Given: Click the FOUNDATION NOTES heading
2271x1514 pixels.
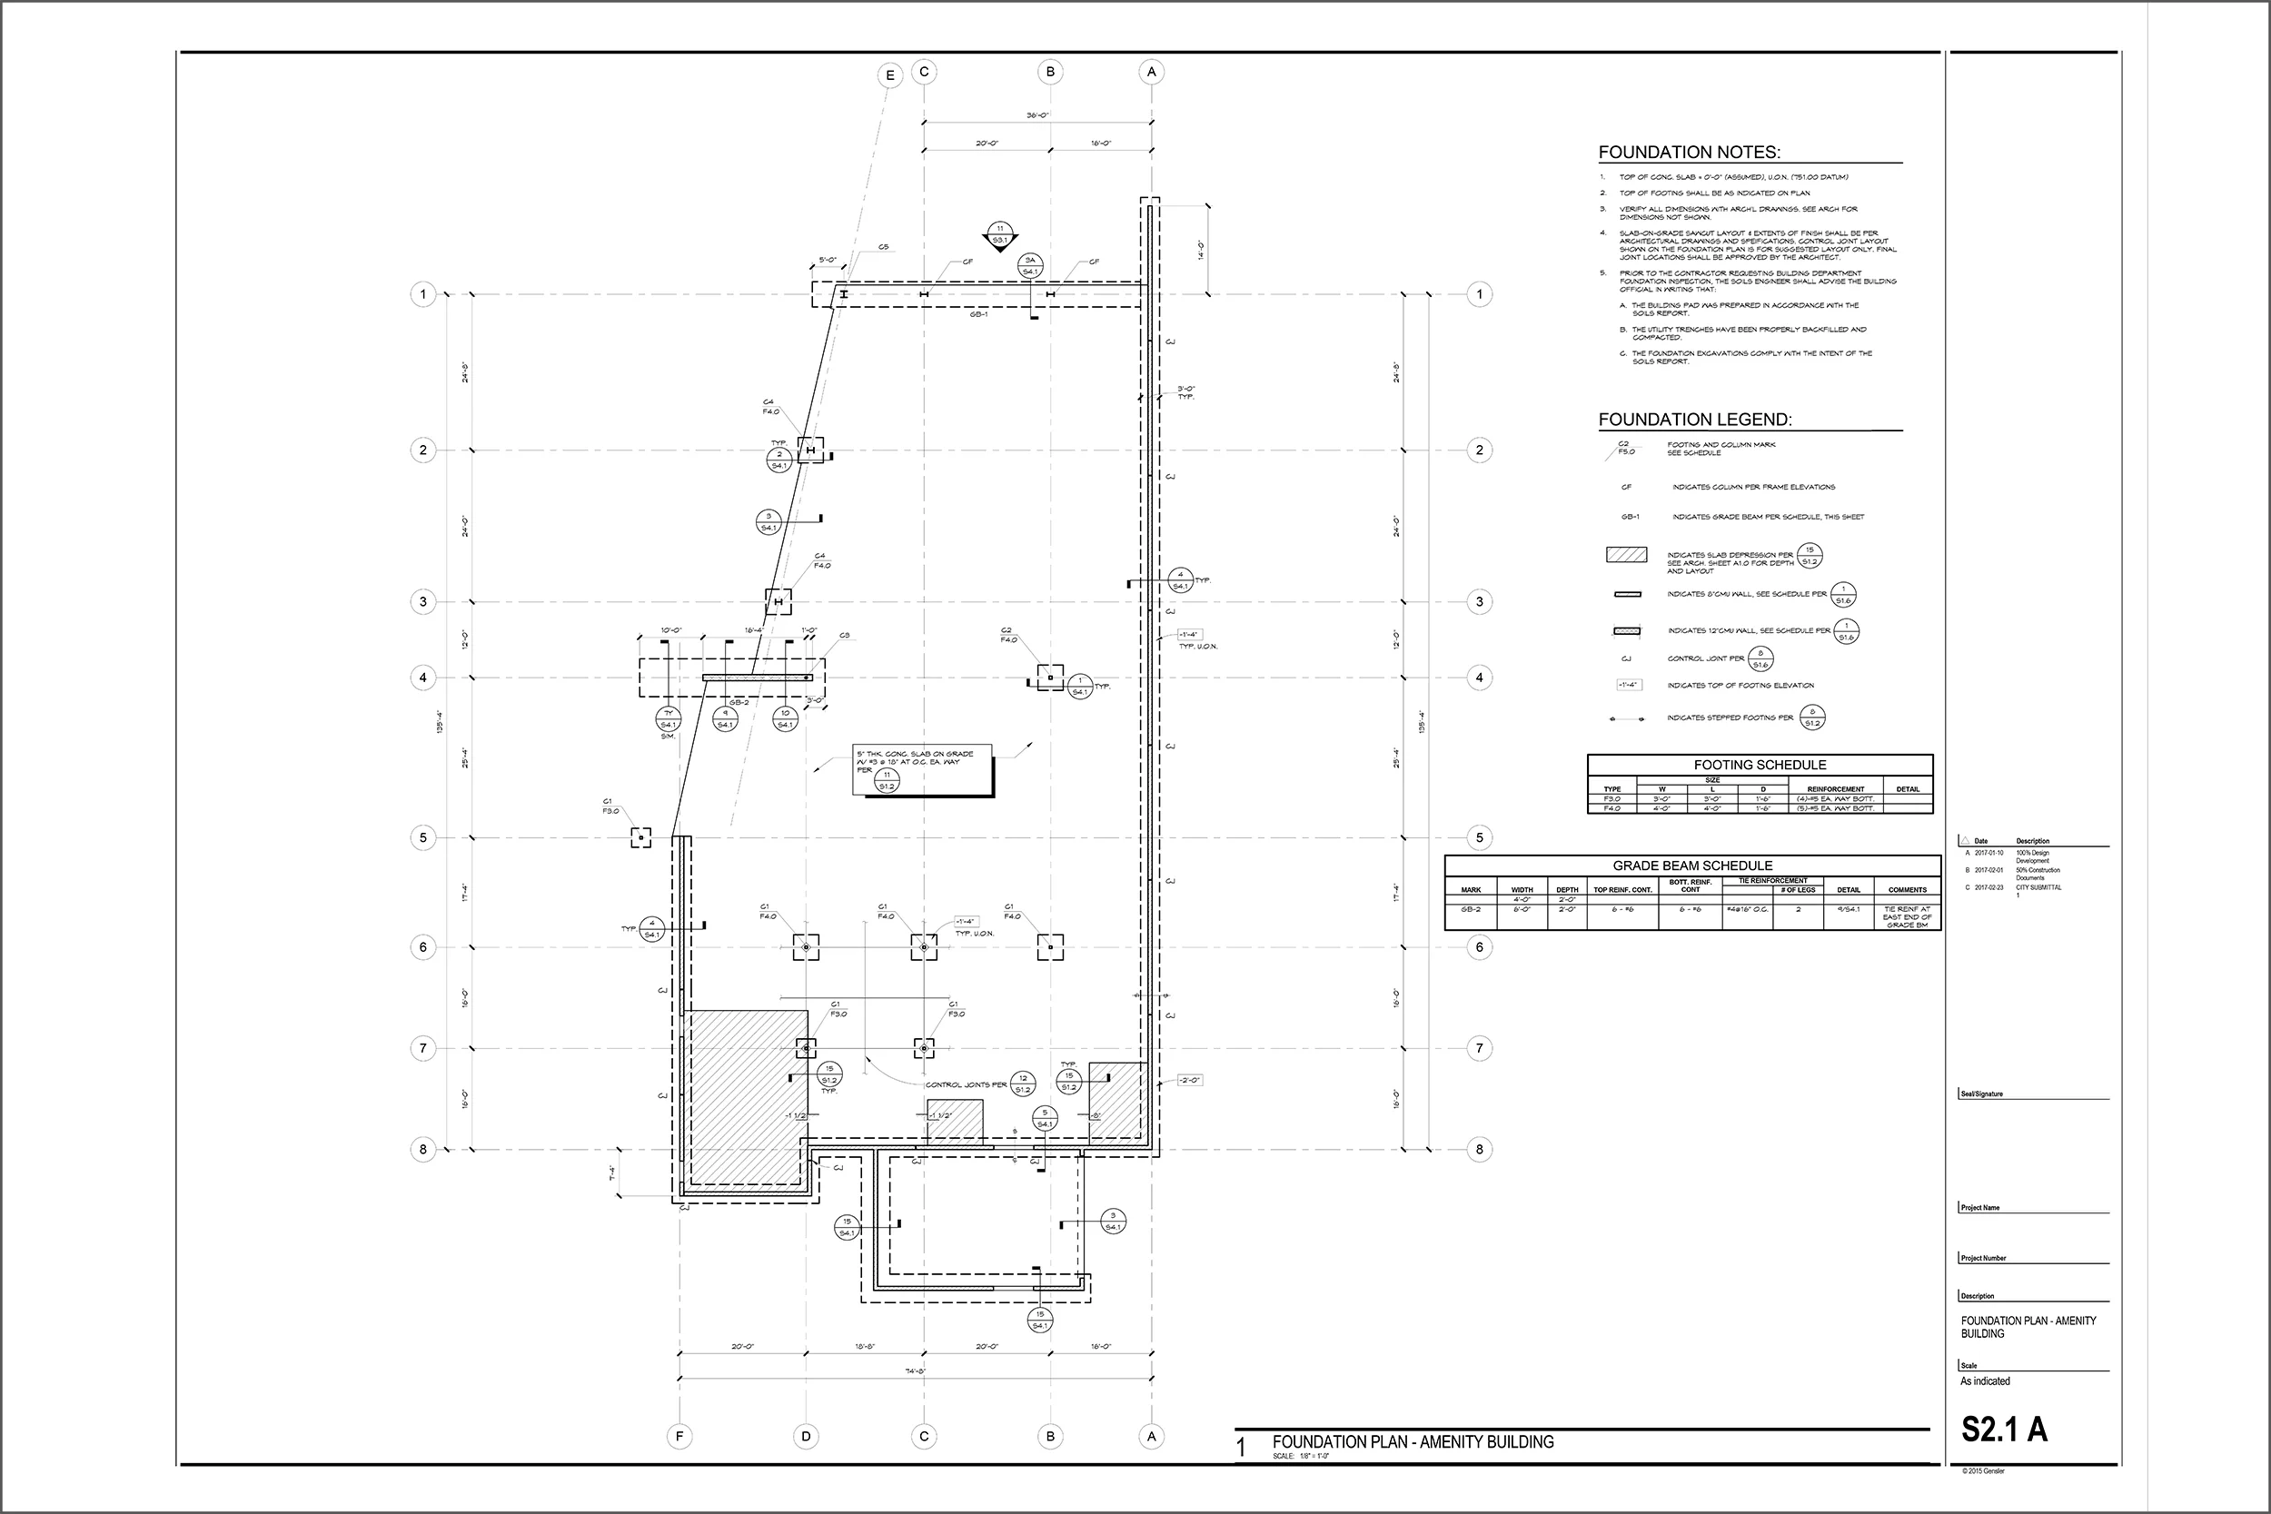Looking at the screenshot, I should point(1689,153).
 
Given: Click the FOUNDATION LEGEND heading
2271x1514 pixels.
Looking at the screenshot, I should point(1694,420).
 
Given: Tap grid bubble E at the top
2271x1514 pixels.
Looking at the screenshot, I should point(889,76).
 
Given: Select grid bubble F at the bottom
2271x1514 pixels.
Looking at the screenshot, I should point(679,1437).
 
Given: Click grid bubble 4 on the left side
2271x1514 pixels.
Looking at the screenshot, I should point(423,678).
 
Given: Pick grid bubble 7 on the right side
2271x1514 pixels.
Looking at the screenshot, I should point(1479,1048).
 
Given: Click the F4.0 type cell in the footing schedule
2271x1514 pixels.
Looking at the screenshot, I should point(1612,808).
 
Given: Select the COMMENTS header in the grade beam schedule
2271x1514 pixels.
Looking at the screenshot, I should point(1907,889).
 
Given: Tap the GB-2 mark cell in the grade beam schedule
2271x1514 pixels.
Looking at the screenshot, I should point(1471,909).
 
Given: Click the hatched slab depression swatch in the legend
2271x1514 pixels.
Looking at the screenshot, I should point(1626,555).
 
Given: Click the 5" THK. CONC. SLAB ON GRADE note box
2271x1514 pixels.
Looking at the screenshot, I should point(922,769).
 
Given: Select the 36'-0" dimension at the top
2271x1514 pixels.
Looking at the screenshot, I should point(1037,116).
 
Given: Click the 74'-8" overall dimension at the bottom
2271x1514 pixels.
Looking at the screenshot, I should point(917,1371).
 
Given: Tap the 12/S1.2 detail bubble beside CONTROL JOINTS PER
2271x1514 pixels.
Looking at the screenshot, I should point(1023,1084).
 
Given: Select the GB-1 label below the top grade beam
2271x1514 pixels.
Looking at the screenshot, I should point(978,315).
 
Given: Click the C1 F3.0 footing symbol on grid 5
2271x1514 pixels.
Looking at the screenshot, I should point(641,837).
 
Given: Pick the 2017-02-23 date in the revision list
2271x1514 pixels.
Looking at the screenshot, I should point(1989,887).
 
